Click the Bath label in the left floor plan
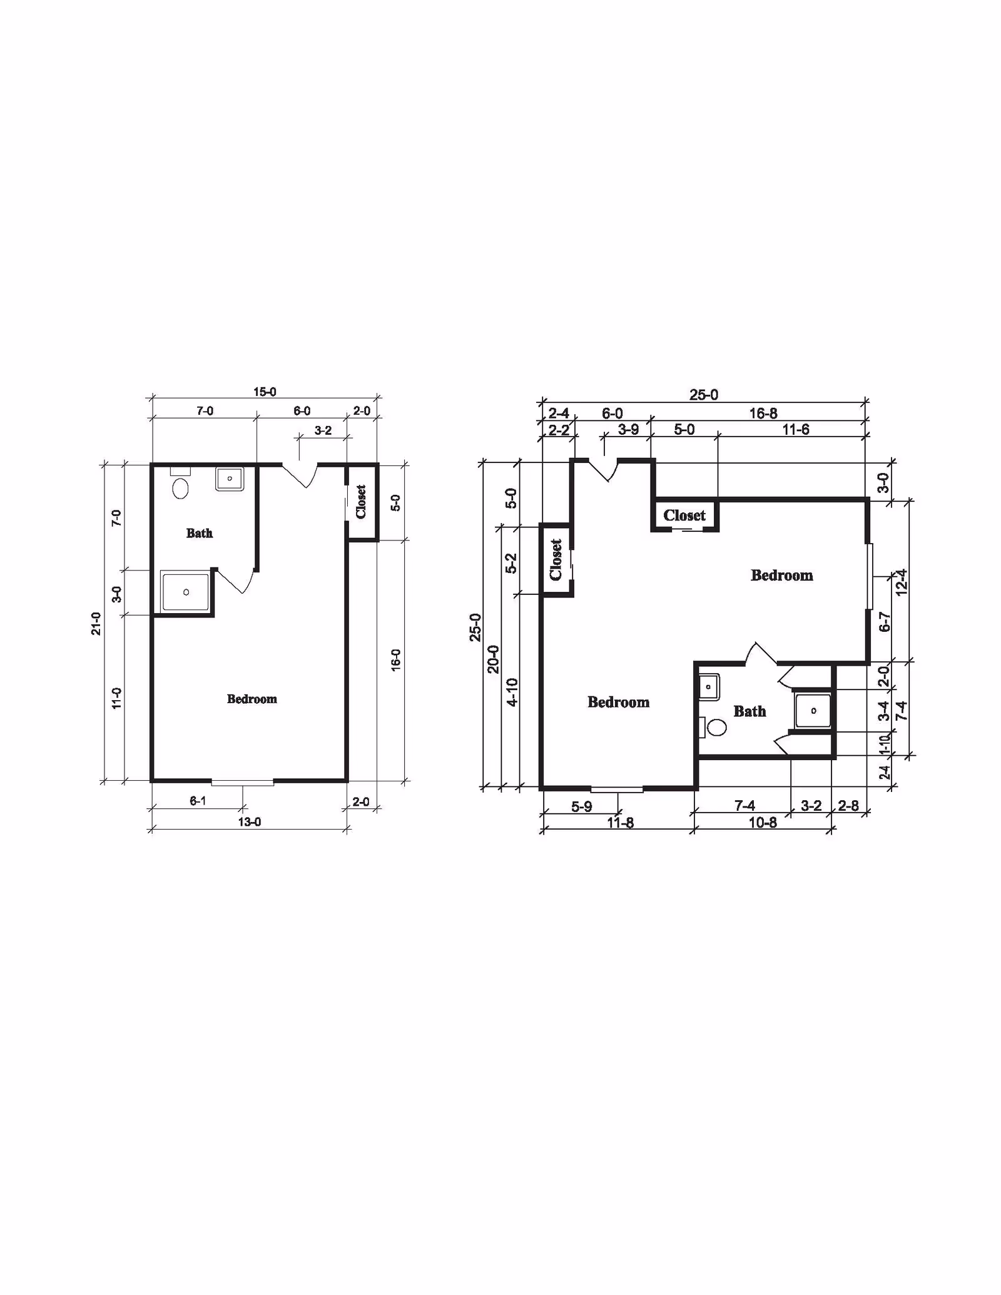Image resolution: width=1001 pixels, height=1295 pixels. point(200,533)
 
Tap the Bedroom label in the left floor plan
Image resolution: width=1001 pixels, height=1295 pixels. point(252,699)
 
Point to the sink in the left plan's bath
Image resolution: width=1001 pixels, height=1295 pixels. point(230,479)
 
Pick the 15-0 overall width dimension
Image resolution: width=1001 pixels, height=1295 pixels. point(265,392)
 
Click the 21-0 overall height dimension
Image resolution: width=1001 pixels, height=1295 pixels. point(96,623)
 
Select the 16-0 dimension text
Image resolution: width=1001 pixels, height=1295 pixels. point(395,660)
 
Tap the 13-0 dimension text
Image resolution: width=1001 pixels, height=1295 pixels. point(250,821)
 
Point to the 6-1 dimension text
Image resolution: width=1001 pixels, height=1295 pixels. point(198,801)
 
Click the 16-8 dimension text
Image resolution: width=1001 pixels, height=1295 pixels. point(763,414)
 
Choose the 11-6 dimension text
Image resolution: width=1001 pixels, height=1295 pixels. point(796,430)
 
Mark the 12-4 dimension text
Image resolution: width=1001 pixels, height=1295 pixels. point(902,582)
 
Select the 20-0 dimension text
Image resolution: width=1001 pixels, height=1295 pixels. point(494,659)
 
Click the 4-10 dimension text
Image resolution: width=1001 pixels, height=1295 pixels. point(512,693)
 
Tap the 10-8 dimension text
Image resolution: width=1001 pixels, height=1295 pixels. point(763,823)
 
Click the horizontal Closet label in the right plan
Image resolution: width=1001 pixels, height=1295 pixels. point(684,515)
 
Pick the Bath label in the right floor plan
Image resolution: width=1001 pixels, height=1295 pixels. point(749,711)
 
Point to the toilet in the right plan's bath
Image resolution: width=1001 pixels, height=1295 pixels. point(714,727)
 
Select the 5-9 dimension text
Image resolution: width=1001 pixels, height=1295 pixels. point(582,807)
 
